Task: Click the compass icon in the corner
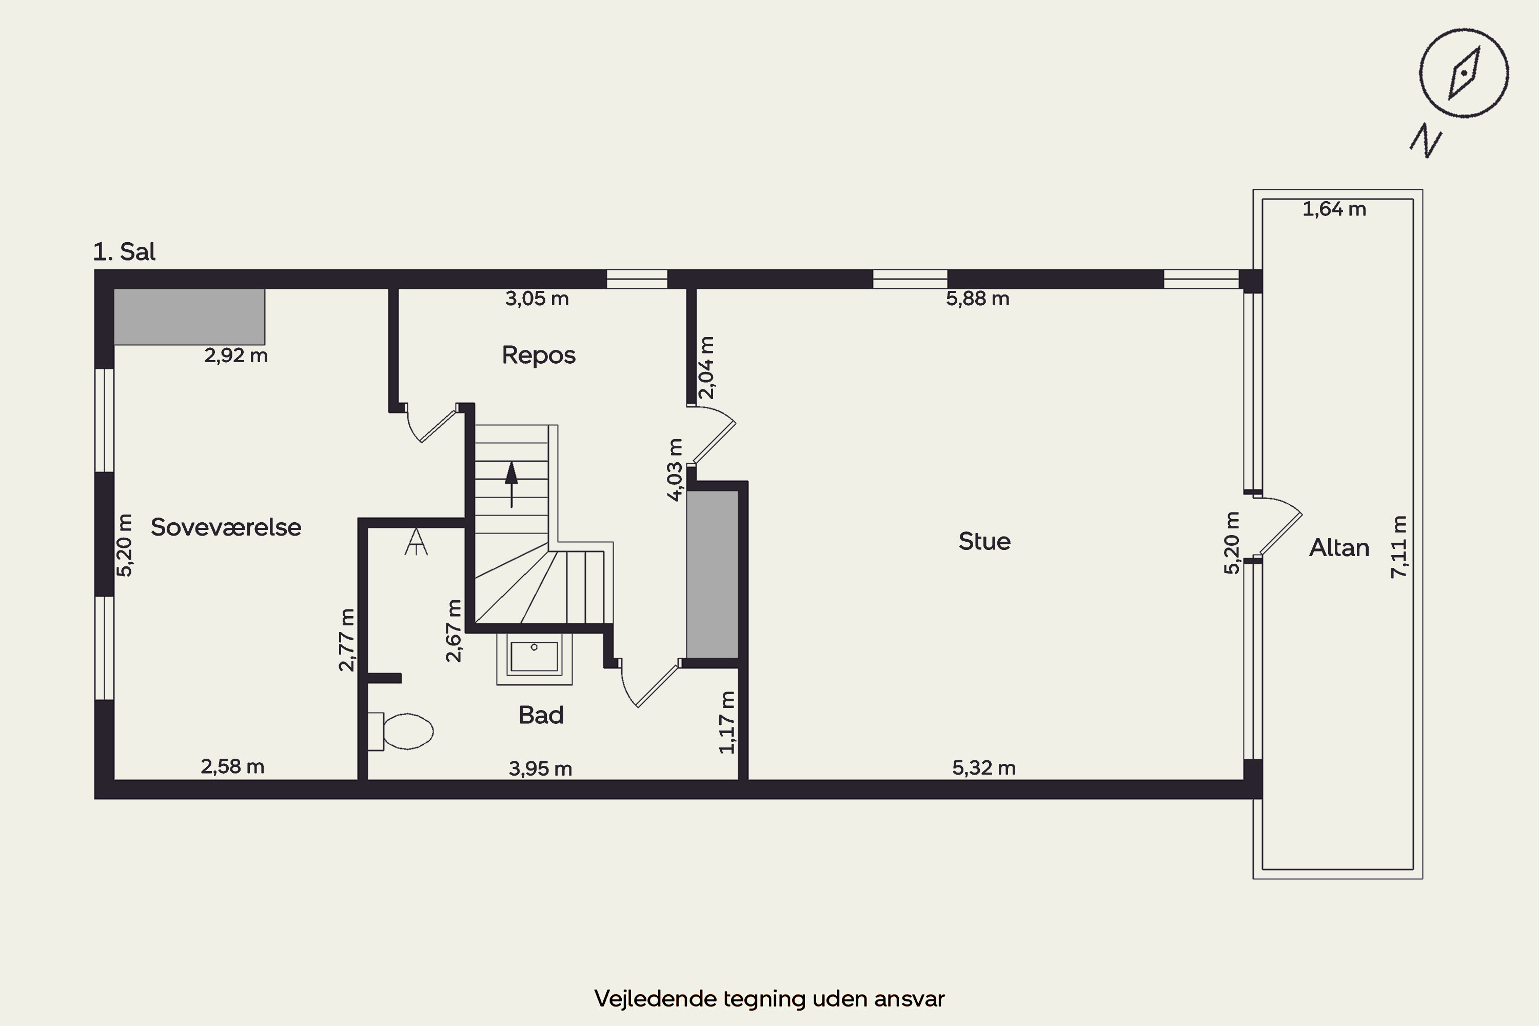(x=1464, y=73)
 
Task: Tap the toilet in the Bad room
(x=401, y=731)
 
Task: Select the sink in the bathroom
(x=534, y=658)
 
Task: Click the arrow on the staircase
(x=511, y=485)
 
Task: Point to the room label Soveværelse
(x=226, y=527)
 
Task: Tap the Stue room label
(x=984, y=541)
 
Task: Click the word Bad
(x=541, y=715)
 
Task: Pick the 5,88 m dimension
(x=978, y=299)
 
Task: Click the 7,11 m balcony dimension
(x=1398, y=547)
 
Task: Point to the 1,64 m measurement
(x=1334, y=209)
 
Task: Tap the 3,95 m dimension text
(x=541, y=768)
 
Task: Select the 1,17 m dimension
(x=727, y=722)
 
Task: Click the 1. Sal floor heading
(x=124, y=252)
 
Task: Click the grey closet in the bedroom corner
(x=189, y=317)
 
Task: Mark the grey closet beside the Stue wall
(x=713, y=574)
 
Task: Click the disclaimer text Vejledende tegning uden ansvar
(x=769, y=998)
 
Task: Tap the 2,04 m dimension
(x=707, y=368)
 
